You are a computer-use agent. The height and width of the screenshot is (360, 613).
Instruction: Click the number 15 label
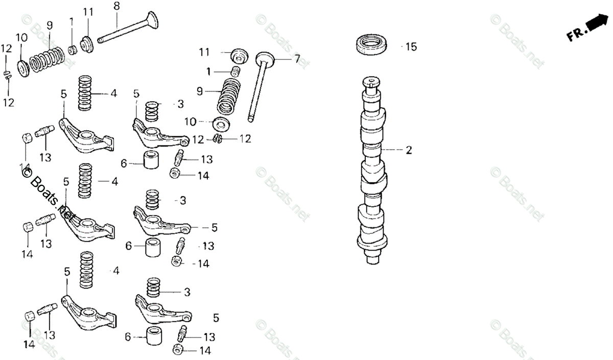point(411,47)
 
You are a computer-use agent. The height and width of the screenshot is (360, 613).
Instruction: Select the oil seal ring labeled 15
point(372,43)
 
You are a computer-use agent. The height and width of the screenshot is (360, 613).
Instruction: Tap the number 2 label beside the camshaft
point(409,150)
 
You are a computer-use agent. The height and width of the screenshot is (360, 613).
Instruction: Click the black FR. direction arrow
point(594,23)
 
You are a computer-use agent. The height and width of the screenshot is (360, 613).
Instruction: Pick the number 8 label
point(116,6)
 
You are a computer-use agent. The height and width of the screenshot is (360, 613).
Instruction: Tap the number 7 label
point(297,59)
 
